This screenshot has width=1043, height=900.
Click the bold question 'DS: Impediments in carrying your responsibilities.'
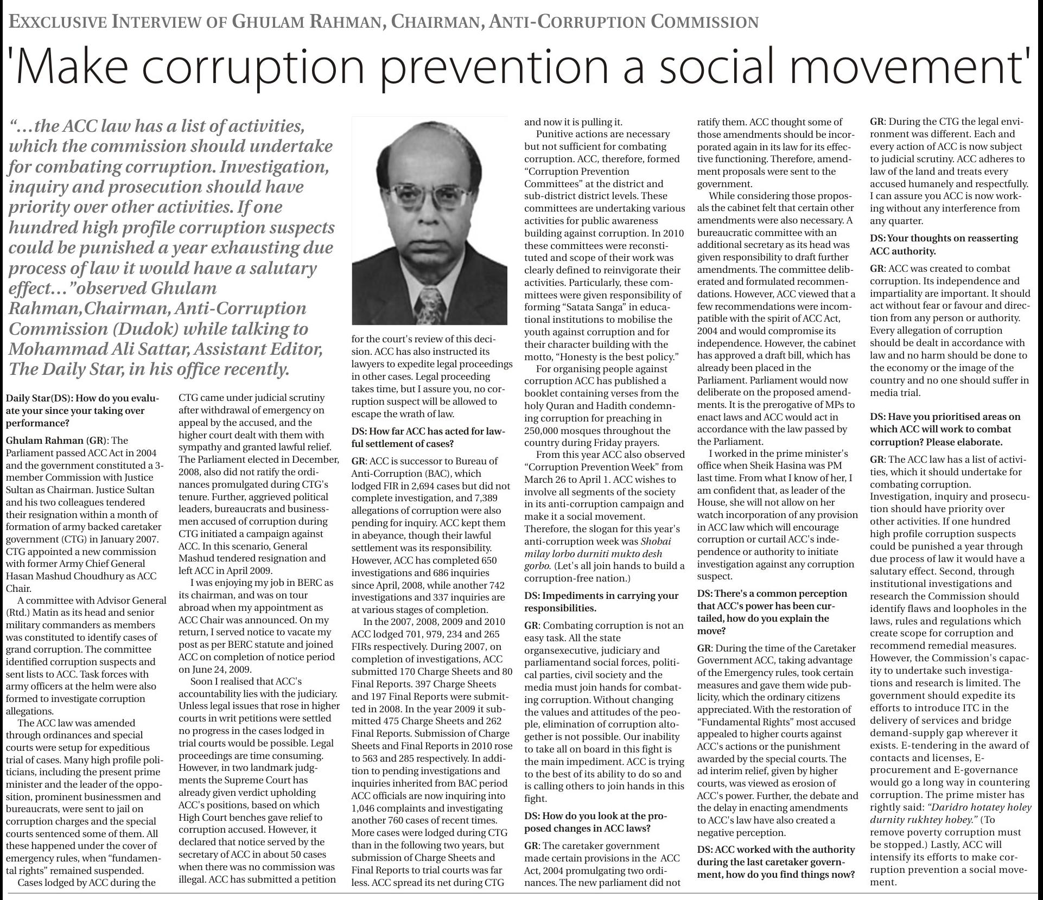601,602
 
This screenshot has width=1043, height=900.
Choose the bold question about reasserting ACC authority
943,245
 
